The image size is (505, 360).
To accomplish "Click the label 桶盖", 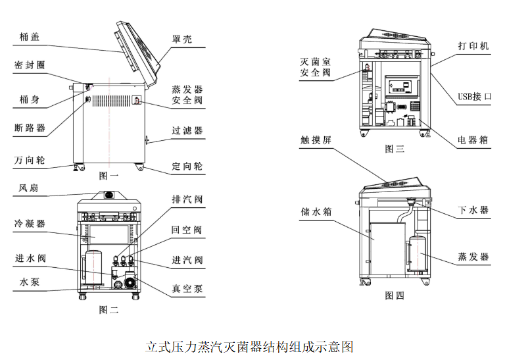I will (30, 37).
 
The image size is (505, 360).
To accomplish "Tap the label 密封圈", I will (30, 66).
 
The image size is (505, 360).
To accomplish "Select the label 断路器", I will (30, 128).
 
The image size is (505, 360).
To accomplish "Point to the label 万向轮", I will (30, 160).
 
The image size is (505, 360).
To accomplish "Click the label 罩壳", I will (182, 39).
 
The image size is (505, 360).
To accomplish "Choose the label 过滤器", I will (187, 131).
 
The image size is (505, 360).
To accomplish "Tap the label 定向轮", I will (187, 166).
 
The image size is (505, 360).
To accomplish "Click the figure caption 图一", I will (108, 176).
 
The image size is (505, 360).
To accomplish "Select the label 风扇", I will (30, 188).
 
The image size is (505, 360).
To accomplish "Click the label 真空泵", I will (187, 288).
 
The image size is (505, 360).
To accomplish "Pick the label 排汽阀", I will (187, 199).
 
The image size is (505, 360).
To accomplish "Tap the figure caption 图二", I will (108, 309).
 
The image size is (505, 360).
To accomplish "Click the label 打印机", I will (473, 46).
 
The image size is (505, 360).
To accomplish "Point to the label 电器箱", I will (473, 140).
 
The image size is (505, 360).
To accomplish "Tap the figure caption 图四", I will (395, 296).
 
